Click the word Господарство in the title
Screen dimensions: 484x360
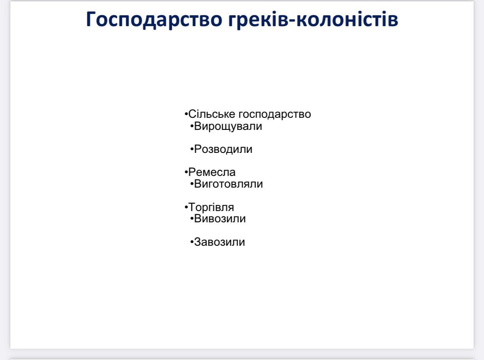[154, 20]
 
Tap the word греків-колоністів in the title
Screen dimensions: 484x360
[313, 20]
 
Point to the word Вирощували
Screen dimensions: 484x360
[228, 127]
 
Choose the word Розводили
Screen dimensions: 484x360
[223, 149]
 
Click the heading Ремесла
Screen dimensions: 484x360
[212, 172]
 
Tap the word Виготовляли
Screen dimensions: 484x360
[228, 184]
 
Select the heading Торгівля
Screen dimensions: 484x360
[211, 207]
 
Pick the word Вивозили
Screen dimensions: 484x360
[220, 219]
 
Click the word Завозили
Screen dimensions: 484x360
[219, 242]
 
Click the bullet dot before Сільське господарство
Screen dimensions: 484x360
[186, 114]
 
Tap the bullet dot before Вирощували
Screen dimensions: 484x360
[192, 126]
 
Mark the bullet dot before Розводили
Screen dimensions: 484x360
[192, 149]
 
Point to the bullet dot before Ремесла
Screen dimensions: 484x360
[186, 172]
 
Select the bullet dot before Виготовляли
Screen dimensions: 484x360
[192, 184]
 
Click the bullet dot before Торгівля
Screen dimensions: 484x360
[186, 207]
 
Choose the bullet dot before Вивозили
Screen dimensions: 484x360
[192, 218]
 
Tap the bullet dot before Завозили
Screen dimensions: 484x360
[192, 242]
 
